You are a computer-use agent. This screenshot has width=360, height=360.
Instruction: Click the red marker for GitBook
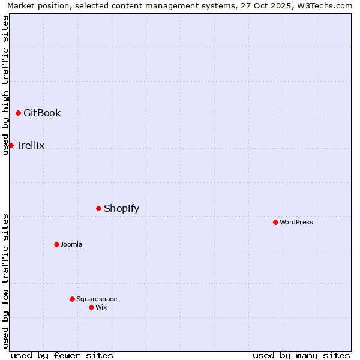18,113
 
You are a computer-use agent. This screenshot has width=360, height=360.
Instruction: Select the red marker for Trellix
11,145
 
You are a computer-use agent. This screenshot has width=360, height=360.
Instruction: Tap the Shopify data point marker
98,208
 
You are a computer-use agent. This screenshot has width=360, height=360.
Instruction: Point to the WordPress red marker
275,222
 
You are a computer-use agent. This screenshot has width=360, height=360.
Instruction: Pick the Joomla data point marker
56,244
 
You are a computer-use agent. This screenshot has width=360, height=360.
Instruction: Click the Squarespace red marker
72,299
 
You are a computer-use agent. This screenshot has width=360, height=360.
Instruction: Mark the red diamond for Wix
91,307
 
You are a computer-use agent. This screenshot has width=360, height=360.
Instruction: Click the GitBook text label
42,113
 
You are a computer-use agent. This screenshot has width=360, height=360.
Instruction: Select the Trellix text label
31,145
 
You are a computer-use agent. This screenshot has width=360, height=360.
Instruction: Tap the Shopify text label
121,208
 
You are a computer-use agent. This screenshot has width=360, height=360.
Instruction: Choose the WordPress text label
296,222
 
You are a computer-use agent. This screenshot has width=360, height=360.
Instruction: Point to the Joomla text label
71,244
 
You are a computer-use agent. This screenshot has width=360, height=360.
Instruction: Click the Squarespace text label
97,299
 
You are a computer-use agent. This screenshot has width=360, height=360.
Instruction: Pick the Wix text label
101,307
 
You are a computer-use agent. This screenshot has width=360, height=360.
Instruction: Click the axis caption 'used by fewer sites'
62,355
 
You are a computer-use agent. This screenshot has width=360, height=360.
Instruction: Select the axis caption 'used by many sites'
301,355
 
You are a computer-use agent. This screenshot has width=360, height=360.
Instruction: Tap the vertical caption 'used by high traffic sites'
5,85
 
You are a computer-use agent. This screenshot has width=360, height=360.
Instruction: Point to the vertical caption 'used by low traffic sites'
5,280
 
